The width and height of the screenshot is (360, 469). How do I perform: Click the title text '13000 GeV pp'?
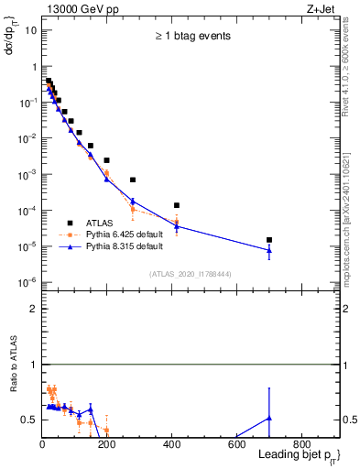(x=76, y=8)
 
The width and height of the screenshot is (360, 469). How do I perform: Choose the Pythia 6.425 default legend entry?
(x=124, y=234)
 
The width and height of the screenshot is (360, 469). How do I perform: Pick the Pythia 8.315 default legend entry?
(x=124, y=246)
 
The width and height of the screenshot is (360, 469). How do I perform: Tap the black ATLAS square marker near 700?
(x=269, y=240)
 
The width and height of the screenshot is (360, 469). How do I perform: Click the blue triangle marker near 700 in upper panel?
(x=269, y=250)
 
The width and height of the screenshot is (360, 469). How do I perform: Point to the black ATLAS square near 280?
(x=133, y=180)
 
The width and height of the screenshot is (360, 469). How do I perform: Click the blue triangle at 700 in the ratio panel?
(x=269, y=418)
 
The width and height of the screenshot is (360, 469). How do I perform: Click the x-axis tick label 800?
(x=301, y=446)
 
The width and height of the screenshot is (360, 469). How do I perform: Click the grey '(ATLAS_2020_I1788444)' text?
(x=191, y=273)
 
